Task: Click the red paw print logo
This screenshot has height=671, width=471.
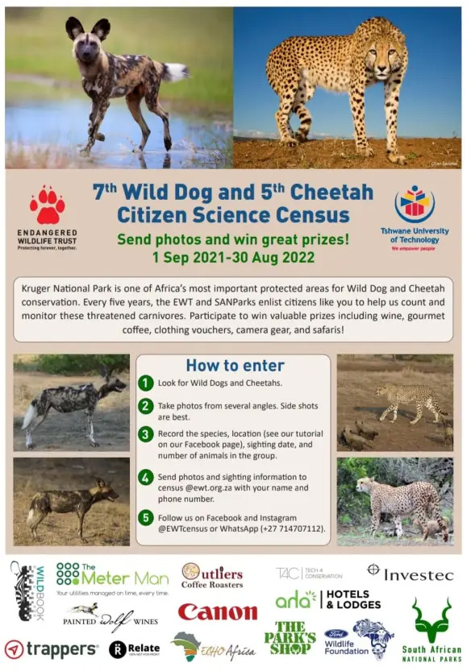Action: point(47,206)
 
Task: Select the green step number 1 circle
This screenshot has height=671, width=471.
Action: point(145,383)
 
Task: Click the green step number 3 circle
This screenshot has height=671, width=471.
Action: point(145,435)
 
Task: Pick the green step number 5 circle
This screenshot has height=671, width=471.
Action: point(145,516)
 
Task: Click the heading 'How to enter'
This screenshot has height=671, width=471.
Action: point(235,365)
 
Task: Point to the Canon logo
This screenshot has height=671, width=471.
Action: point(217,612)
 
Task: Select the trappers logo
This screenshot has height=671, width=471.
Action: point(52,648)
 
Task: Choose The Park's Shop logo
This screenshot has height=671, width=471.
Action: point(290,637)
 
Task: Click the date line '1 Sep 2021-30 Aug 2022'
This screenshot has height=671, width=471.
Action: point(233,257)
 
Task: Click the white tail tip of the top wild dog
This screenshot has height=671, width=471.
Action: point(177,72)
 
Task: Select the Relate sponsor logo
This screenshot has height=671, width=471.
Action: point(134,648)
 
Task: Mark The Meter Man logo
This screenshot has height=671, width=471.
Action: point(113,577)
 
